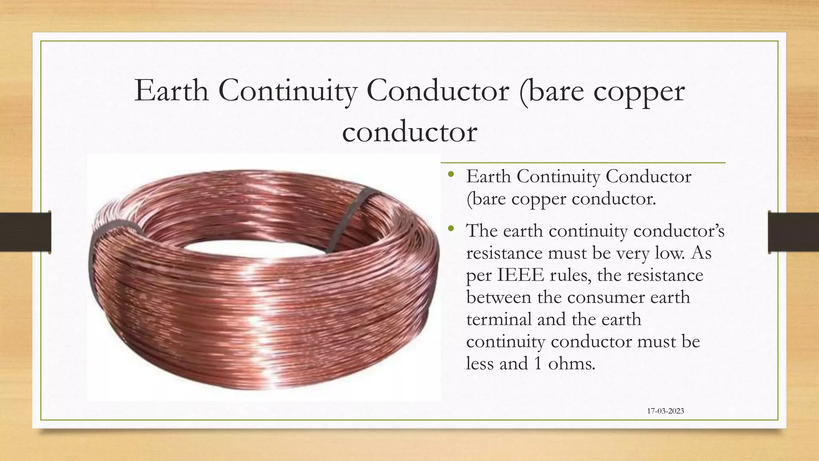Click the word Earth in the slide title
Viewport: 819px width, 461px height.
(x=171, y=91)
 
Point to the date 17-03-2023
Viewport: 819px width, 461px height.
(x=665, y=411)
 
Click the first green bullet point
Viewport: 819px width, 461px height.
(x=451, y=174)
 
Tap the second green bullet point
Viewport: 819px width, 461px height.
(x=451, y=229)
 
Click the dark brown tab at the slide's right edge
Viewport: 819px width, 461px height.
(x=793, y=232)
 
